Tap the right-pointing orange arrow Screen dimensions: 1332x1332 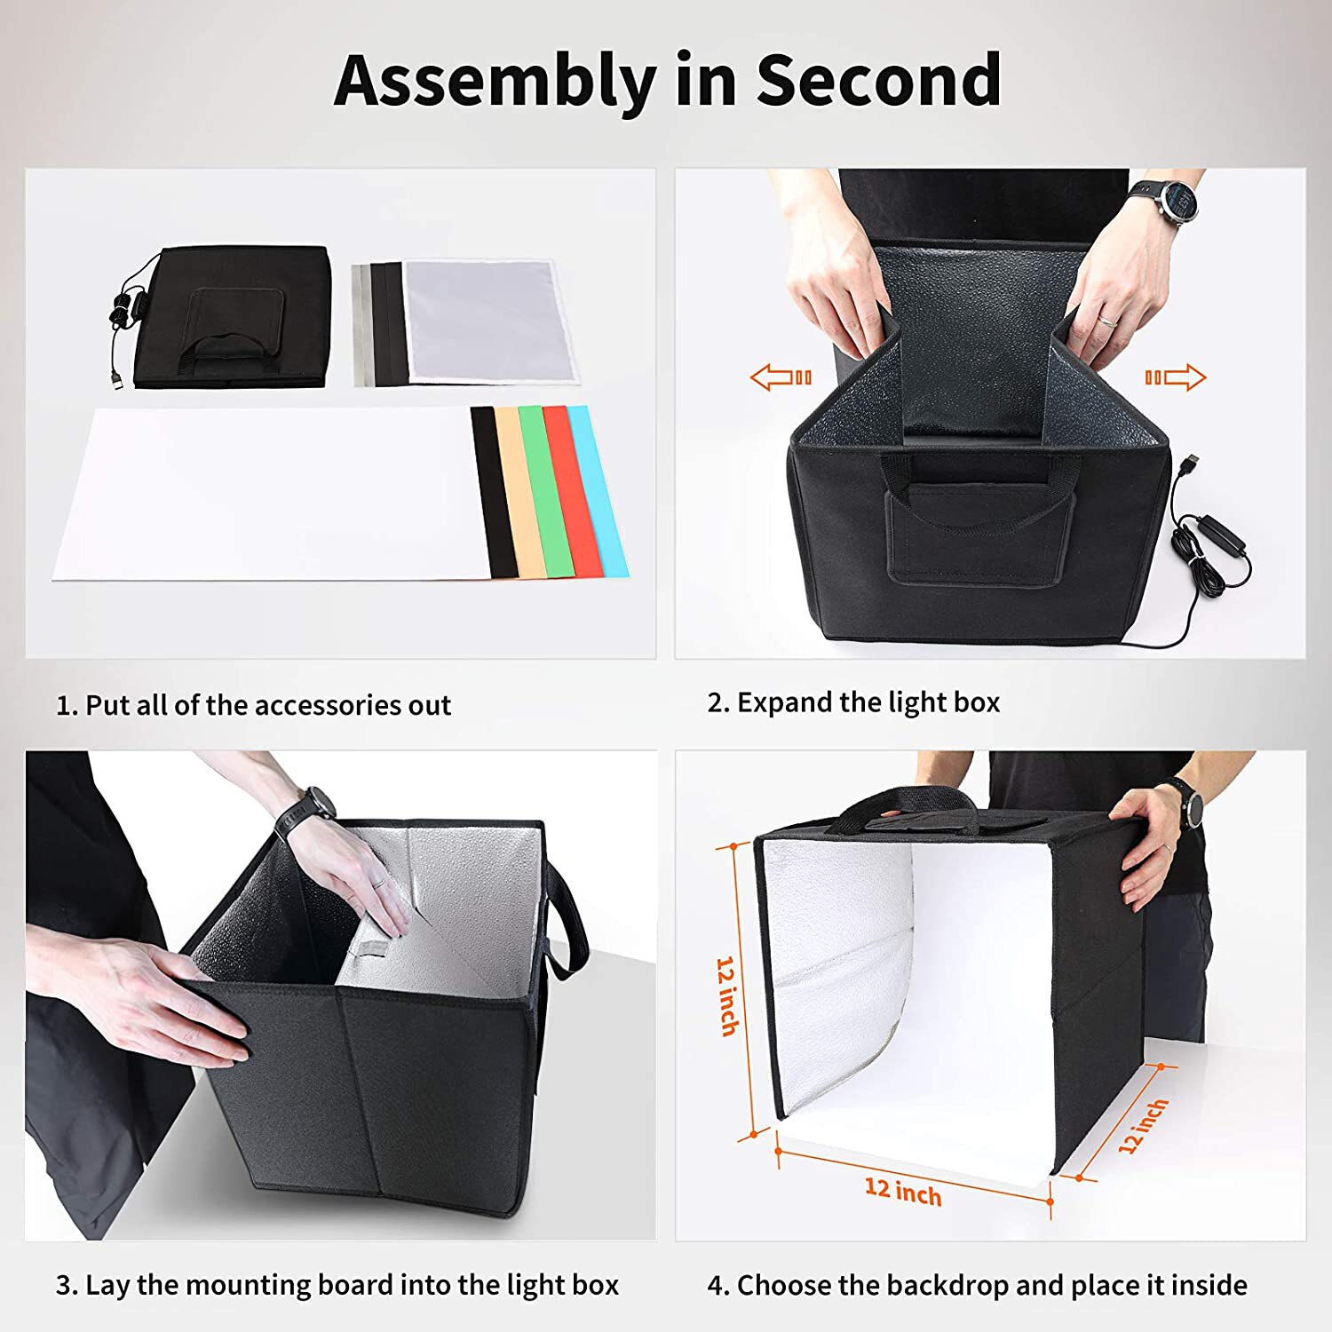[1176, 377]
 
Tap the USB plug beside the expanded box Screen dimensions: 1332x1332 [1190, 464]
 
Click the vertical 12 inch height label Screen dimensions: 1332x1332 [727, 995]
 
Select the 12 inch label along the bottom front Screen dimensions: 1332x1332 [902, 1190]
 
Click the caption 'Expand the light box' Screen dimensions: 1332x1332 [868, 702]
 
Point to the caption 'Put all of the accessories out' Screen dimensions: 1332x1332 [267, 705]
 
